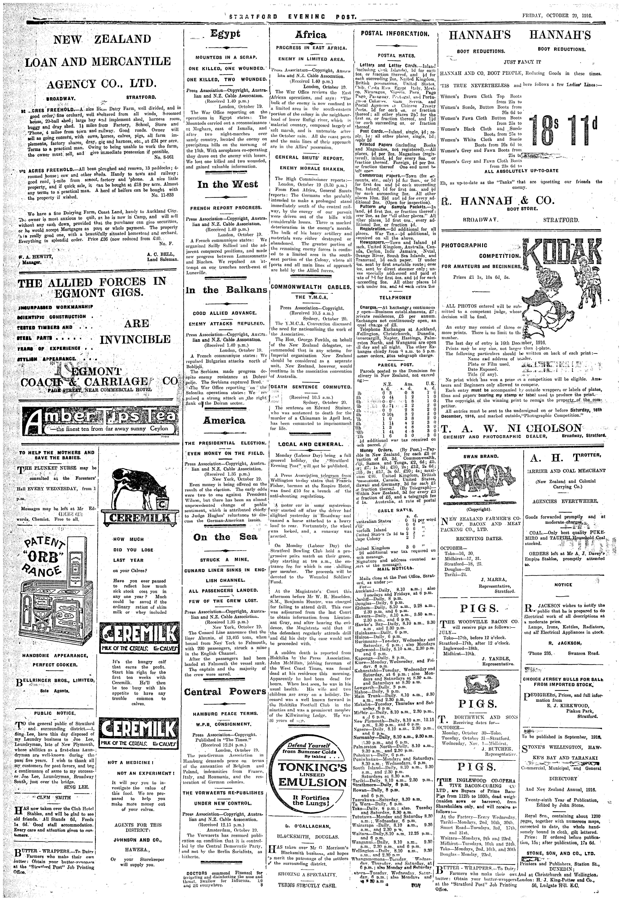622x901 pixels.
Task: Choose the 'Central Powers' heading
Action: click(x=225, y=692)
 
